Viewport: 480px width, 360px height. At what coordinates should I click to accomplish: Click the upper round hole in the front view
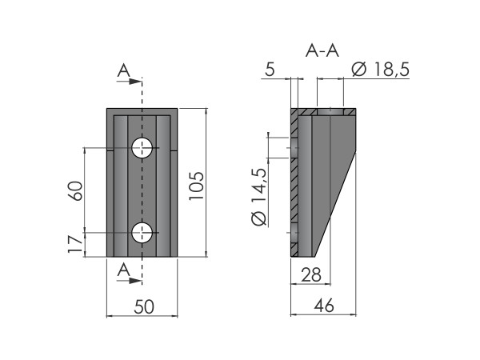pyautogui.click(x=142, y=148)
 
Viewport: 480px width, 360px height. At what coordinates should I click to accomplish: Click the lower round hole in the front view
pyautogui.click(x=142, y=233)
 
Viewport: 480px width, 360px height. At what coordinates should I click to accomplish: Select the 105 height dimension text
pyautogui.click(x=196, y=186)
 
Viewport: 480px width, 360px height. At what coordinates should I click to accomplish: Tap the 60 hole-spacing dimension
pyautogui.click(x=75, y=191)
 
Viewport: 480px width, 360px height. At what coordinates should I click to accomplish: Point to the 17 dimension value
pyautogui.click(x=75, y=244)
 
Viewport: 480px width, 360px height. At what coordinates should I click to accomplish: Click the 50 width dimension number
pyautogui.click(x=144, y=307)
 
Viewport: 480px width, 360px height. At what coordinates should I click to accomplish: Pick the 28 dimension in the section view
pyautogui.click(x=311, y=274)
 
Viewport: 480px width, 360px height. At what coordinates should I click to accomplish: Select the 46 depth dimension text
pyautogui.click(x=324, y=306)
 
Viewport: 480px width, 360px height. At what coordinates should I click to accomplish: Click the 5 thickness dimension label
pyautogui.click(x=270, y=69)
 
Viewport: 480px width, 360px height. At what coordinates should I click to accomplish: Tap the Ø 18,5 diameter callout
pyautogui.click(x=381, y=69)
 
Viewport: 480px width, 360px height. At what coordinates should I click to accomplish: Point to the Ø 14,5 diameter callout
pyautogui.click(x=259, y=197)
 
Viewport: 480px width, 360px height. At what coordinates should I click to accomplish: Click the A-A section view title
pyautogui.click(x=322, y=50)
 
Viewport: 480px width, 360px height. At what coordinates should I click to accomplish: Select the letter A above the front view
pyautogui.click(x=124, y=70)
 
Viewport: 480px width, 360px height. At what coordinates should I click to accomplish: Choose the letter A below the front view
pyautogui.click(x=124, y=270)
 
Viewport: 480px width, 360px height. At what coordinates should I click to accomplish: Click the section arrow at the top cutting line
pyautogui.click(x=129, y=82)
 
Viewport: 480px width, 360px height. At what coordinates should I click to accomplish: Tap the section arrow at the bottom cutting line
pyautogui.click(x=129, y=281)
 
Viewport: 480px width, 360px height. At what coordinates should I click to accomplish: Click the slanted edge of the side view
pyautogui.click(x=334, y=204)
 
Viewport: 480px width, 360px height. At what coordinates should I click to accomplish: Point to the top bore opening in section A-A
pyautogui.click(x=330, y=112)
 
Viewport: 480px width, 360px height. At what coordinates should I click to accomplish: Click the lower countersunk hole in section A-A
pyautogui.click(x=294, y=234)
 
